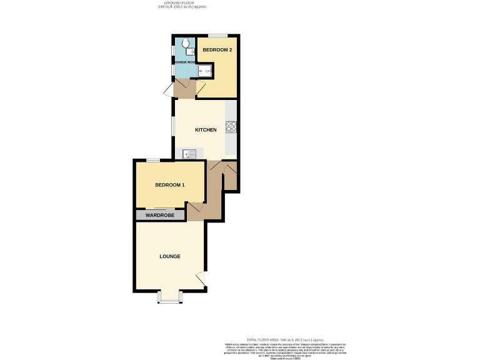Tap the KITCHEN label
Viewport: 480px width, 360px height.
[206, 130]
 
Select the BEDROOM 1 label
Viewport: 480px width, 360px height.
[169, 185]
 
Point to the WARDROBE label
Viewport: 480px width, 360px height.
[161, 215]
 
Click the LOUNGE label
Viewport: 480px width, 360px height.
[169, 256]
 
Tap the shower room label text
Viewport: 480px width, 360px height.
[185, 62]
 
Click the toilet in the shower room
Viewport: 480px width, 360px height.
[187, 44]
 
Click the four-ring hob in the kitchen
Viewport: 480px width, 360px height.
[230, 127]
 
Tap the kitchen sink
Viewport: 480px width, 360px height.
[189, 153]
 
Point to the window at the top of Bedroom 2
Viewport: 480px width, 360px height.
[217, 35]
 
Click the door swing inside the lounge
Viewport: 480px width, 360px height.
[201, 278]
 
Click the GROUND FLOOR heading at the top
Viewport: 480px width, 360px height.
[181, 2]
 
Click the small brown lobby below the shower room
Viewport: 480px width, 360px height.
[185, 91]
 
